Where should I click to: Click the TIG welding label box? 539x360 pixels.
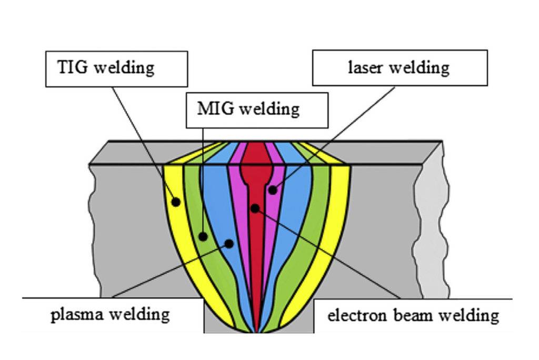[116, 68]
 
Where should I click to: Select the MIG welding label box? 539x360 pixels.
[257, 109]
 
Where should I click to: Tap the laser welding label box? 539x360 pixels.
[400, 68]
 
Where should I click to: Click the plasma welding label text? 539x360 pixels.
[110, 315]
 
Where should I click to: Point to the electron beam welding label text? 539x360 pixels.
[413, 315]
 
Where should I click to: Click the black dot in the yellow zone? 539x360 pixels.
[176, 202]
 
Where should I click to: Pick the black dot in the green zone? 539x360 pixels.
[203, 237]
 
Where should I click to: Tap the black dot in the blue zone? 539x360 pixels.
[229, 244]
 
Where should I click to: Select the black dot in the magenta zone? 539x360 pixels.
[272, 190]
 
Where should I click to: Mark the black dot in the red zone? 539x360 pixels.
[255, 208]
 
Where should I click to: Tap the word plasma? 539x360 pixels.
[77, 315]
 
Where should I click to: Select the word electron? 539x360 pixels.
[352, 315]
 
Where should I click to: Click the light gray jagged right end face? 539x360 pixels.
[432, 226]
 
